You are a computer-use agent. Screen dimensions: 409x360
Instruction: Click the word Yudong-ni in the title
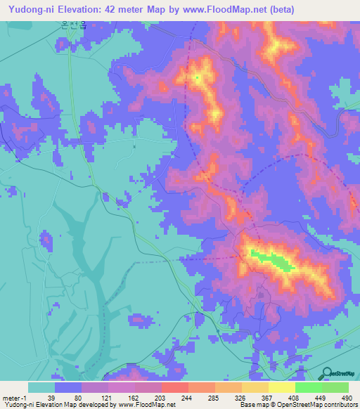pos(32,10)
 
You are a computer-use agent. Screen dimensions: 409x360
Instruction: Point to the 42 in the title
pos(115,10)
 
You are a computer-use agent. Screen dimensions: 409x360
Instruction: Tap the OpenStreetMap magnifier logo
pos(328,374)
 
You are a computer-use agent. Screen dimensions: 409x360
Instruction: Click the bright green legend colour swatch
pos(309,387)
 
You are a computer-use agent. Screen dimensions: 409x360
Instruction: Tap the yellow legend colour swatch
pos(282,387)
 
